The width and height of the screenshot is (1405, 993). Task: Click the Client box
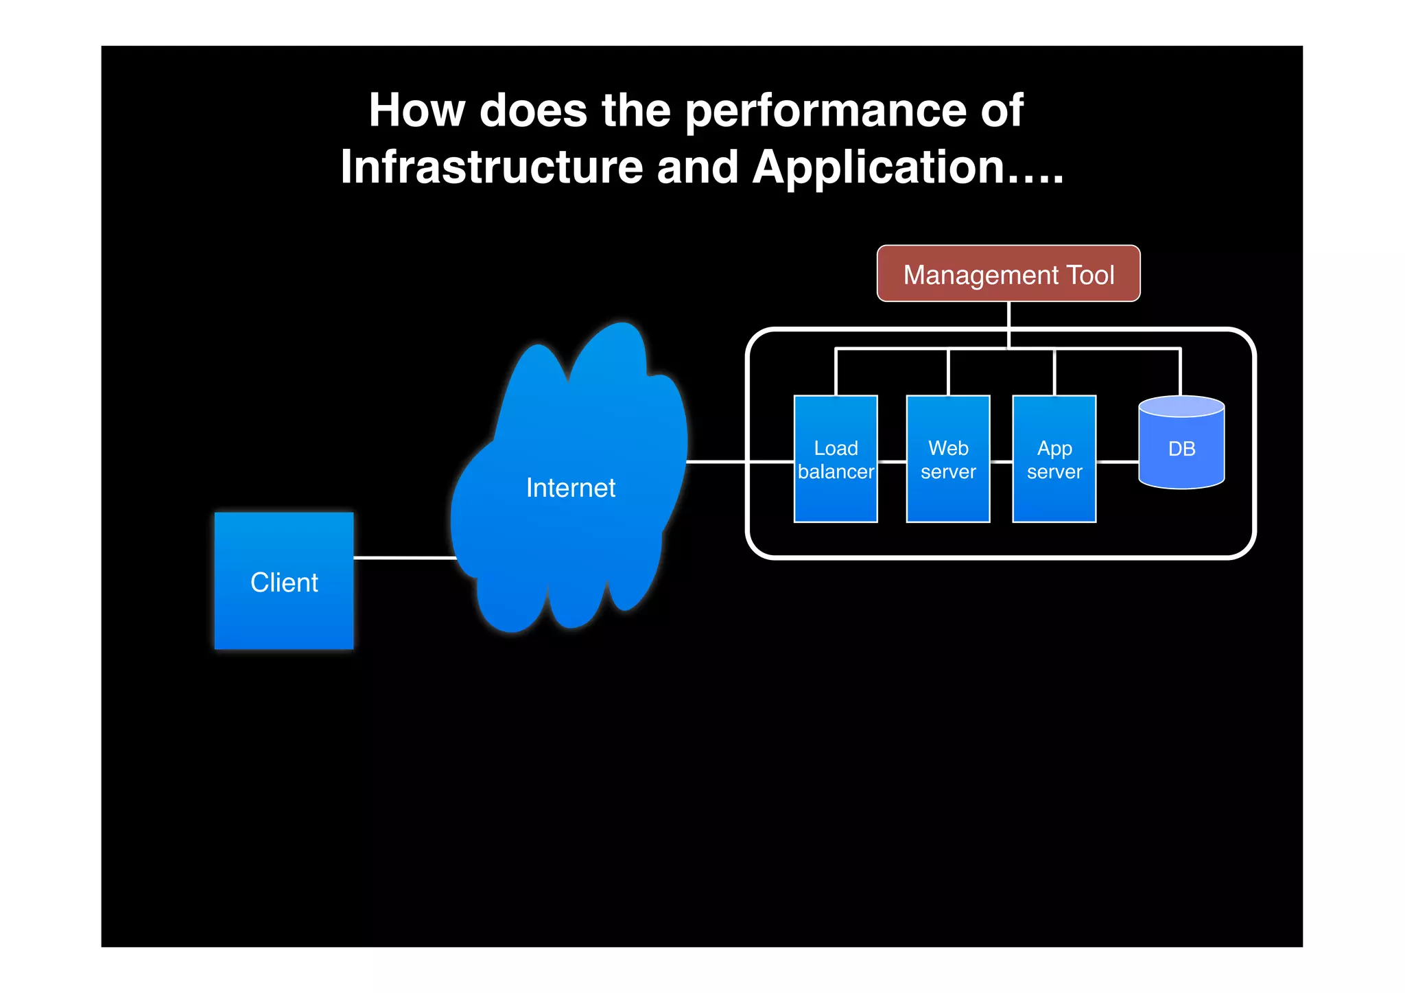pos(284,581)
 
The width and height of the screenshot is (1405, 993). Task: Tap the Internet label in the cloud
pos(570,488)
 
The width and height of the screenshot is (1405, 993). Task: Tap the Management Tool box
pos(1008,274)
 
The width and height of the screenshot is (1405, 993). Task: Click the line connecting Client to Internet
pos(405,558)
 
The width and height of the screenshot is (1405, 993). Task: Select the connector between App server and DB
pos(1117,462)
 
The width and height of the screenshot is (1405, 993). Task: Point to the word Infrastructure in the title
pos(491,167)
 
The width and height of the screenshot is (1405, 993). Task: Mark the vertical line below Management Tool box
pos(1008,323)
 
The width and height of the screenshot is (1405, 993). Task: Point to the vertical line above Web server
pos(948,372)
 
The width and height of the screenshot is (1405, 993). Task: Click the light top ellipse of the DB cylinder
pos(1181,407)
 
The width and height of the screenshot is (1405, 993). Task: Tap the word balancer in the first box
pos(836,472)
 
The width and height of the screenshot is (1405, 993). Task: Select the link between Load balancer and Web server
pos(892,462)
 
